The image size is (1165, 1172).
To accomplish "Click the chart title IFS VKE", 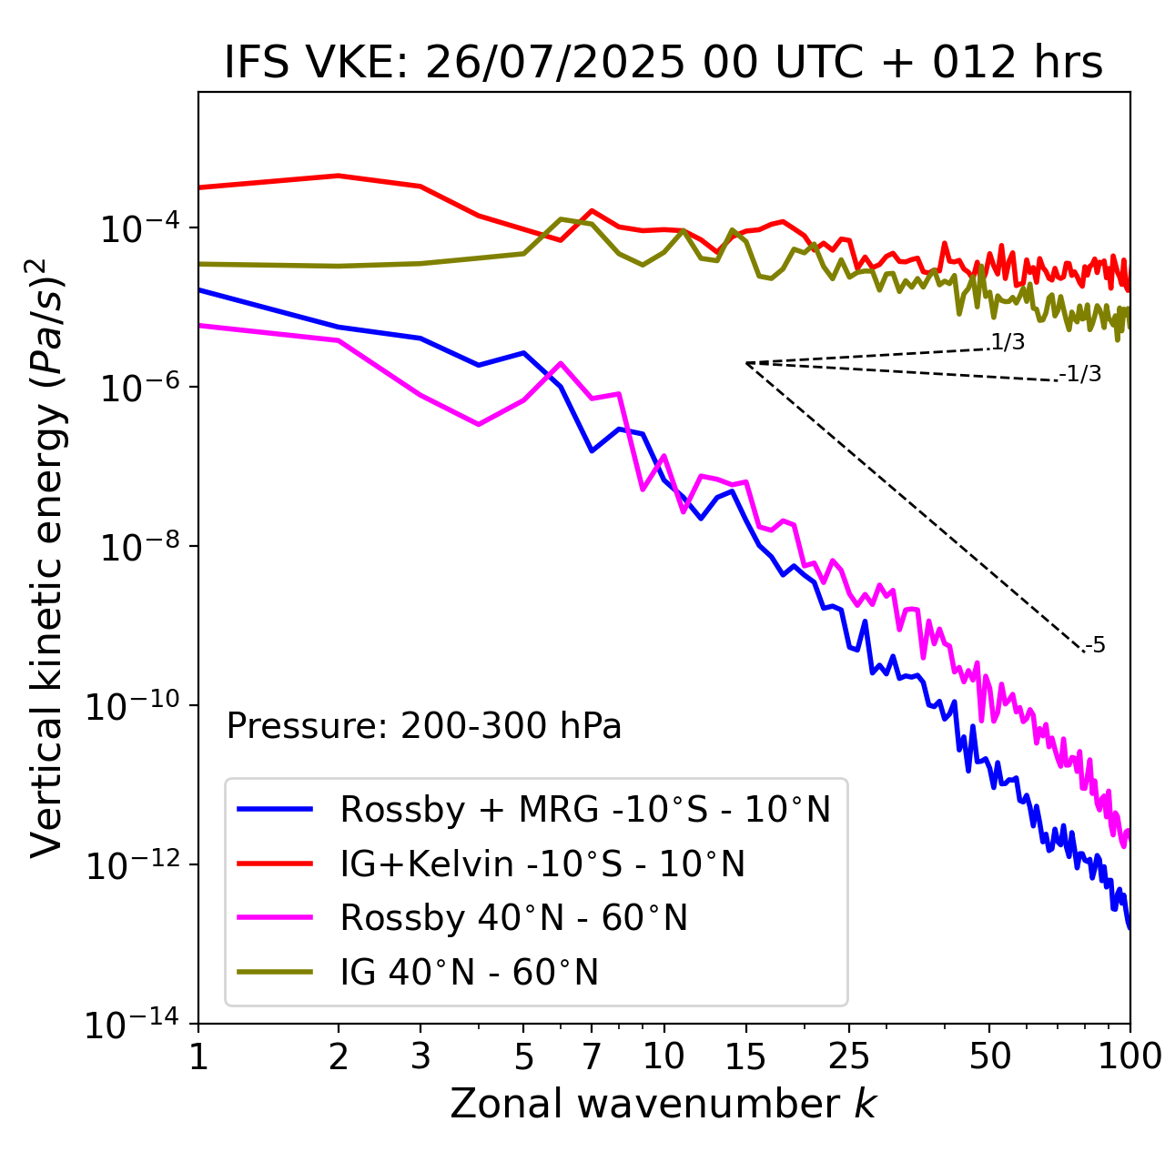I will coord(664,64).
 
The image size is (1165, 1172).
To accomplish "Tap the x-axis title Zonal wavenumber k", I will coord(664,1104).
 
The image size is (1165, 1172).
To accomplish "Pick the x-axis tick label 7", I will coord(592,1056).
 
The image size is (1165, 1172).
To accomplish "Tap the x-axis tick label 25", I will coord(848,1056).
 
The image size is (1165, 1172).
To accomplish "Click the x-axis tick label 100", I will coord(1129,1056).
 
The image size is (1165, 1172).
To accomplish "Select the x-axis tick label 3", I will coord(420,1056).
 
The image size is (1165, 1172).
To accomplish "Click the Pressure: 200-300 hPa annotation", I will coord(424,726).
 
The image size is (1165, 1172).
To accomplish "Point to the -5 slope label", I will coord(1096,646).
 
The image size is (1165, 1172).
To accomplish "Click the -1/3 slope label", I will coord(1081,374).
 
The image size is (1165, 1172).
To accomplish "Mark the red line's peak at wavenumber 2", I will coord(339,176).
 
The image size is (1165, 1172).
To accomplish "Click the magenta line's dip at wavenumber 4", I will coord(479,424).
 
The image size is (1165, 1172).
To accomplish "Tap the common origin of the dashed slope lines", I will coord(746,363).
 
